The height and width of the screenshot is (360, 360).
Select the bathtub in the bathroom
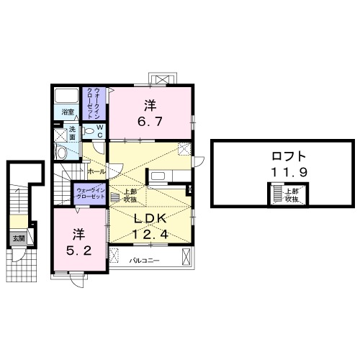tap(68, 96)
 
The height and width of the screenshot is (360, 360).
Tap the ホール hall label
tap(96, 172)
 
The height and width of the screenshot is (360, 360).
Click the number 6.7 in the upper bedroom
tap(150, 123)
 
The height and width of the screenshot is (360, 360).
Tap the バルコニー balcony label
tap(144, 259)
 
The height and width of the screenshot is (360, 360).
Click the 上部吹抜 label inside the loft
tap(291, 195)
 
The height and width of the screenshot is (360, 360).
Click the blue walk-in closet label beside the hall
tap(91, 193)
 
